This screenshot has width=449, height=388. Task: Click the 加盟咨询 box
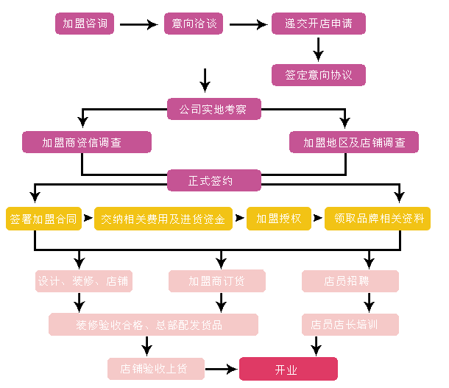[x=85, y=24]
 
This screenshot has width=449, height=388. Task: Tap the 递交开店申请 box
[x=318, y=24]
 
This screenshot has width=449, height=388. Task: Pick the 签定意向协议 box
[x=318, y=74]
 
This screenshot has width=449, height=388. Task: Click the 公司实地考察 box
[x=214, y=109]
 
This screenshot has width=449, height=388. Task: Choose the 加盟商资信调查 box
[x=86, y=142]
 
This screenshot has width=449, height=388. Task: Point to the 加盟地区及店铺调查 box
[x=354, y=142]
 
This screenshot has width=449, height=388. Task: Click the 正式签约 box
[x=214, y=180]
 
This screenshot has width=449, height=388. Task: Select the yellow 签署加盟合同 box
[x=43, y=219]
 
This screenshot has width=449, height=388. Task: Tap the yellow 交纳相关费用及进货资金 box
[x=163, y=219]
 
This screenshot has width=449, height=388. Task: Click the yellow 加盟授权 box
[x=279, y=219]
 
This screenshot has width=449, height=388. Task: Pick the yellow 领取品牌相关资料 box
[x=378, y=219]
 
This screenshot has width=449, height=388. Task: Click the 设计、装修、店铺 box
[x=84, y=281]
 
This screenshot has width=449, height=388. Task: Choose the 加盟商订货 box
[x=217, y=281]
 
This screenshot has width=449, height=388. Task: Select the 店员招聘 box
[x=350, y=281]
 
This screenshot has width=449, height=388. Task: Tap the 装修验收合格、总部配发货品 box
[x=153, y=325]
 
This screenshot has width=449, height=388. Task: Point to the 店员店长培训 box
[x=350, y=325]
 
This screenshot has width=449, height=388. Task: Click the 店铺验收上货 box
[x=155, y=369]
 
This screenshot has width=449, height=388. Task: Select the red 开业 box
[x=288, y=369]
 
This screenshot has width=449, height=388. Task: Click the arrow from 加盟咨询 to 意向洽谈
[x=138, y=25]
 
